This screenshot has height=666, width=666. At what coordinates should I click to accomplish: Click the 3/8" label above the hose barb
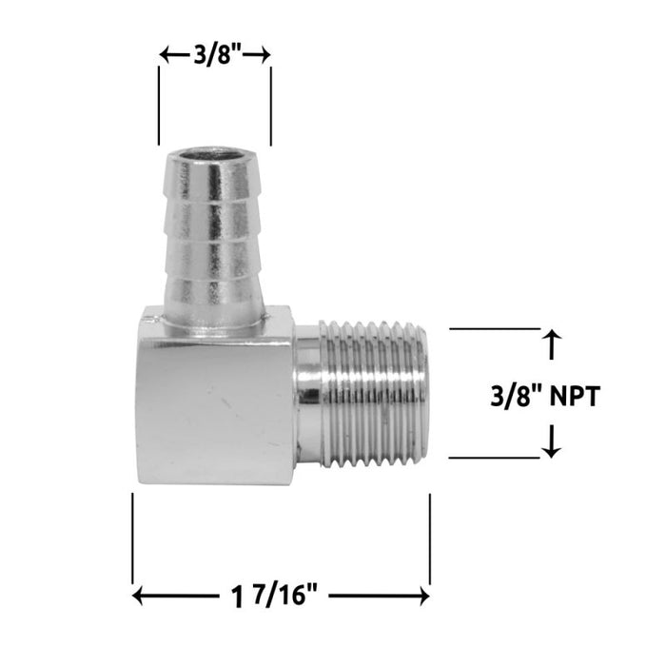tap(215, 56)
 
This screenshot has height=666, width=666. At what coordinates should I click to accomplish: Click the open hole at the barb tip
tap(213, 154)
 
